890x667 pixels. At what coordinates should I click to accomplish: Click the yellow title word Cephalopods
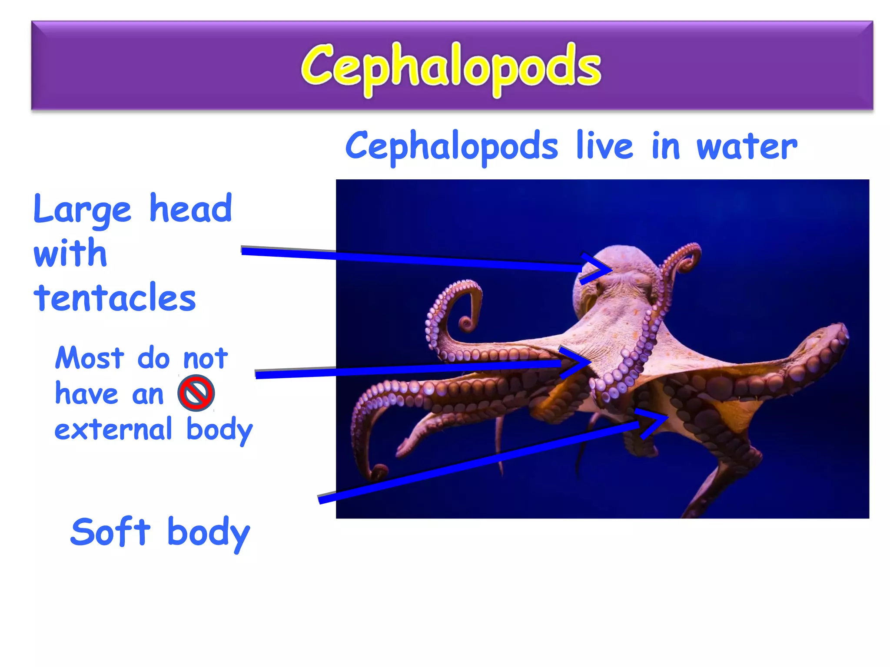pos(451,68)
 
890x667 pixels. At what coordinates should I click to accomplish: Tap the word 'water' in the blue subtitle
pos(747,147)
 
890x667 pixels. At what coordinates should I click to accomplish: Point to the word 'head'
pos(190,208)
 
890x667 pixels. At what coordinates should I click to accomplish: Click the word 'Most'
pos(90,359)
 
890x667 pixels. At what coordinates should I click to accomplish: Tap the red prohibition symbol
pos(196,393)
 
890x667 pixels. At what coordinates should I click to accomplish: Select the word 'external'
pos(113,429)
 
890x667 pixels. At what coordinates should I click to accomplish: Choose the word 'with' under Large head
pos(70,254)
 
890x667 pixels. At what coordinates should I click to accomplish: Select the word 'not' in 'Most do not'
pos(205,359)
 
